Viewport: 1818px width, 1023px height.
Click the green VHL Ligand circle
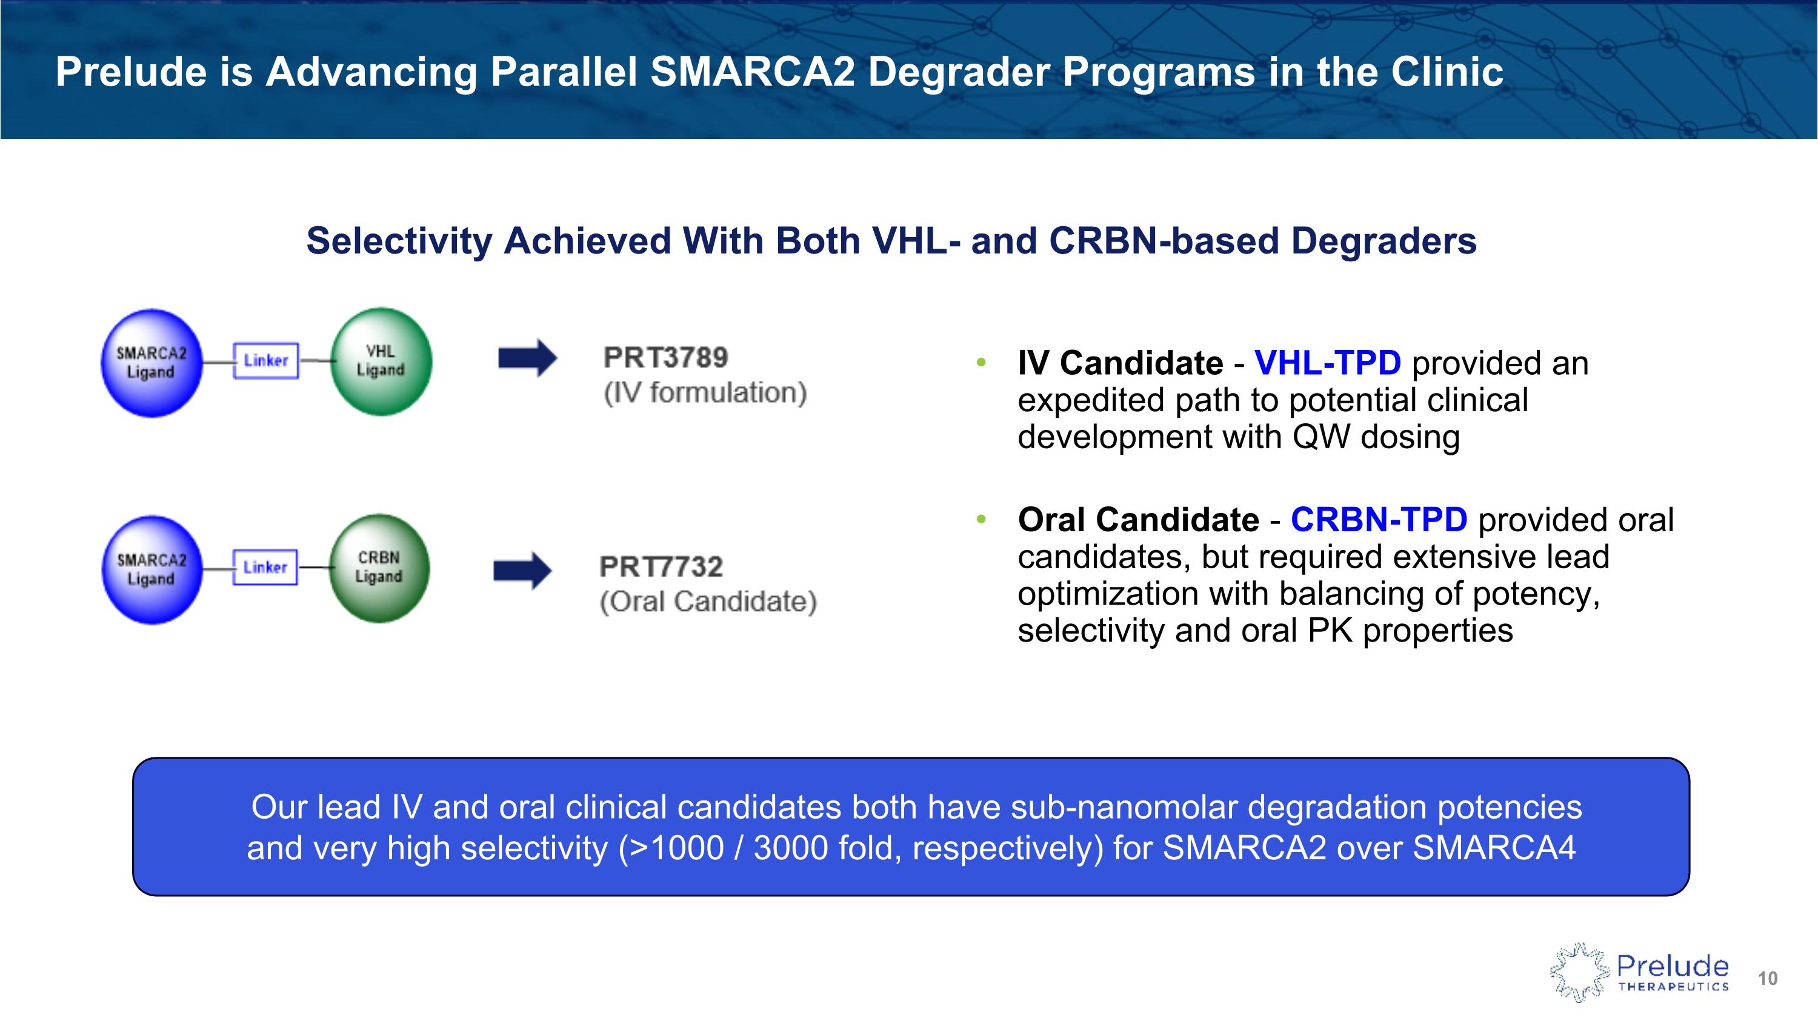point(381,361)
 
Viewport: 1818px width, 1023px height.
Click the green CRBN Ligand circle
point(379,568)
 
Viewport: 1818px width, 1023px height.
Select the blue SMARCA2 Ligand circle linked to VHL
point(151,363)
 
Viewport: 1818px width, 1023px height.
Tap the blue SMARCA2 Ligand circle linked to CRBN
point(151,570)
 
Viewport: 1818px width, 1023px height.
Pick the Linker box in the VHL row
point(266,361)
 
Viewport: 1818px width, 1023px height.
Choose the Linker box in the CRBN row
point(265,568)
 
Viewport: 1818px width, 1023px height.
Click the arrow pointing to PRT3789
point(528,358)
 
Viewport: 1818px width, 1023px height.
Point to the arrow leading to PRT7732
point(523,571)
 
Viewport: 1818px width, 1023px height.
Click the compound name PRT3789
point(665,357)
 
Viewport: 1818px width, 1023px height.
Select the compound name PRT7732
point(661,566)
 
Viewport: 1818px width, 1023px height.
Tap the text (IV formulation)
point(705,392)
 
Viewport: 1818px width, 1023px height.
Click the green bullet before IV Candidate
point(981,363)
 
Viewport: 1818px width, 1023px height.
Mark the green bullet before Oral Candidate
point(981,520)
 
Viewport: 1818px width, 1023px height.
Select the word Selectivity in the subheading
point(399,241)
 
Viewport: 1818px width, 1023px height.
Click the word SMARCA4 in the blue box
point(1494,847)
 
